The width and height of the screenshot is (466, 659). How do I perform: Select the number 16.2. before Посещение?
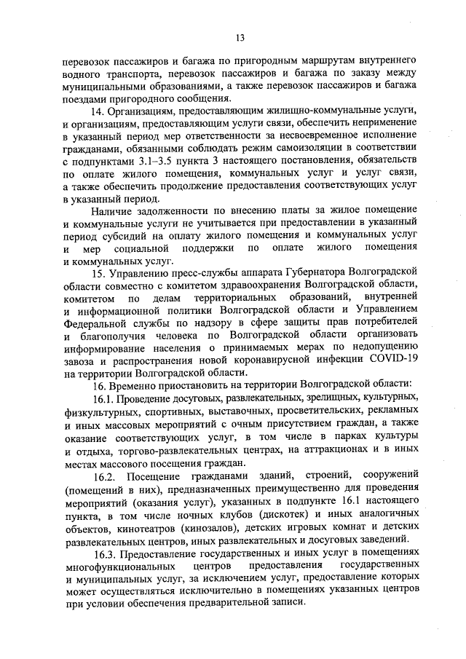coord(107,477)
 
